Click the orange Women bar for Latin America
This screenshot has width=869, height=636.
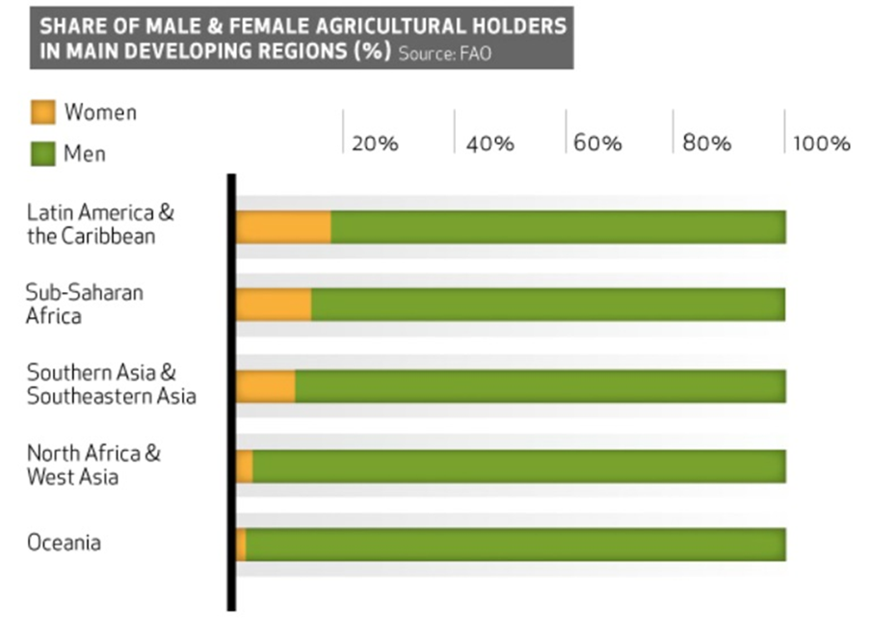tap(283, 226)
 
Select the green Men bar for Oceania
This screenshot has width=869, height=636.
tap(515, 544)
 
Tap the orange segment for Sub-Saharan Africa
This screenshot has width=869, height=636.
tap(274, 304)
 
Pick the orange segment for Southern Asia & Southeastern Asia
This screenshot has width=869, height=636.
tap(265, 386)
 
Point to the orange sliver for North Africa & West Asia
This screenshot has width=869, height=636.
tap(245, 466)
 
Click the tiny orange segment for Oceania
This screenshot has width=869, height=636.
tap(241, 544)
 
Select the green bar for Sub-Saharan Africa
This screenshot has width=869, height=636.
tap(547, 304)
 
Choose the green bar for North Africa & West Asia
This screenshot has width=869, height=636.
tap(518, 466)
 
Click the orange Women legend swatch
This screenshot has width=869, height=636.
tap(43, 113)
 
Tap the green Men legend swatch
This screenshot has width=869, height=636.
tap(43, 152)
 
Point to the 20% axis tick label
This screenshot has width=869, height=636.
tap(375, 144)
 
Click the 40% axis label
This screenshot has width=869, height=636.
tap(489, 144)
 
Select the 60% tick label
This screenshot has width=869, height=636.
tap(598, 144)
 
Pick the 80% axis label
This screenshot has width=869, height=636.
tap(707, 144)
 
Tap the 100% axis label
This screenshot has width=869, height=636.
tap(822, 144)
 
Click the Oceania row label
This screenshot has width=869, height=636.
tap(64, 543)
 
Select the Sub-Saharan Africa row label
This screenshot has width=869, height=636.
tap(84, 304)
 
